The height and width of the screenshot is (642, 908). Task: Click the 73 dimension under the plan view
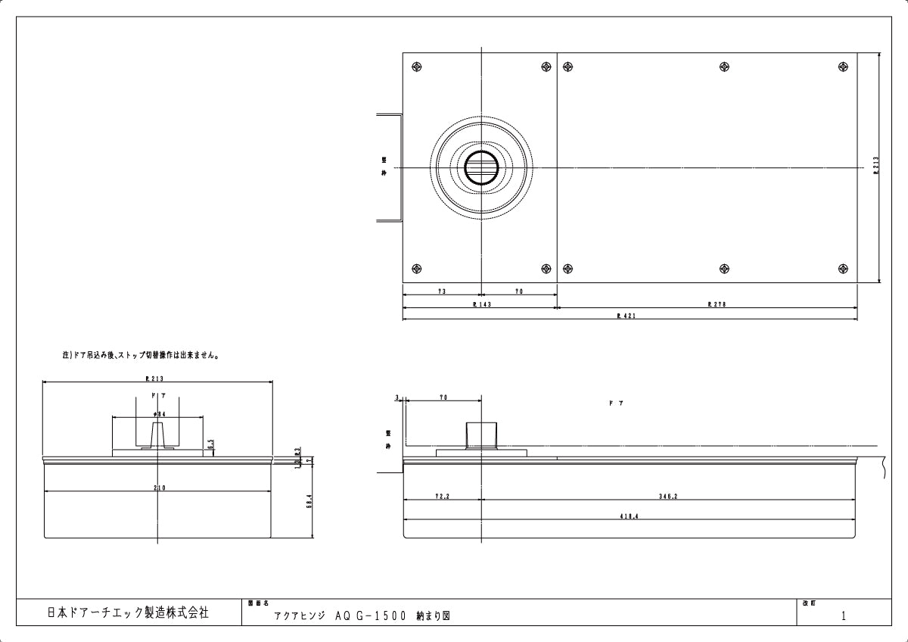point(441,291)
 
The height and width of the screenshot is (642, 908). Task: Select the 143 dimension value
point(480,304)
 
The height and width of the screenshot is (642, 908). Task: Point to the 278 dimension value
point(716,304)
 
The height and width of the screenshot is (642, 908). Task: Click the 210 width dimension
point(159,488)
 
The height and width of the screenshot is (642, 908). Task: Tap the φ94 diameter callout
point(159,414)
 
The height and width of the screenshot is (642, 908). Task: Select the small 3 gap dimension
point(396,397)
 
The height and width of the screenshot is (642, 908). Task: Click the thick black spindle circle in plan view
point(480,167)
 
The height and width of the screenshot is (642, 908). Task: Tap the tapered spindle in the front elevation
point(158,435)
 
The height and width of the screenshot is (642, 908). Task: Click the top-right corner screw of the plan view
point(842,67)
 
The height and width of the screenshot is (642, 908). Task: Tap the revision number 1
point(844,616)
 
